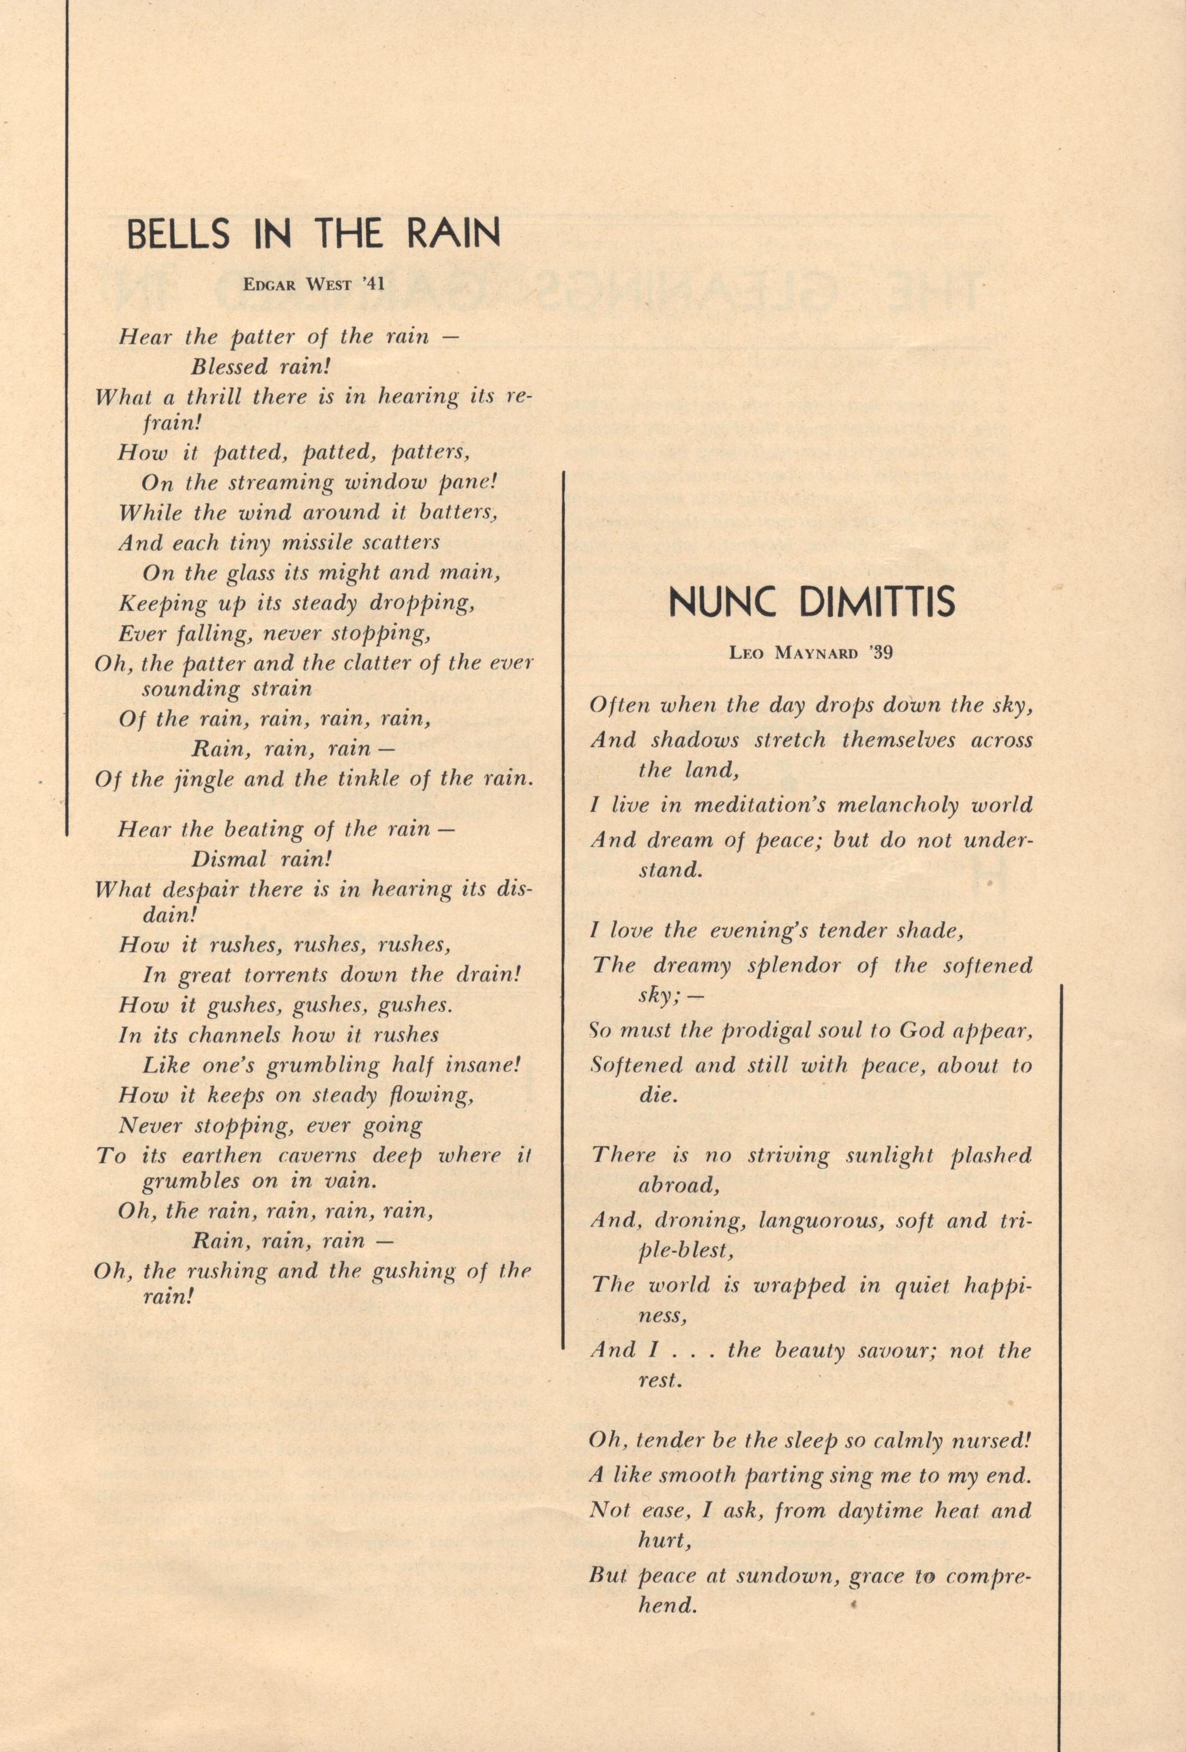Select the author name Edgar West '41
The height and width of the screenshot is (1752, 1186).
314,284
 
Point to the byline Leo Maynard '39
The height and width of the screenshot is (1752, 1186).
811,653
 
